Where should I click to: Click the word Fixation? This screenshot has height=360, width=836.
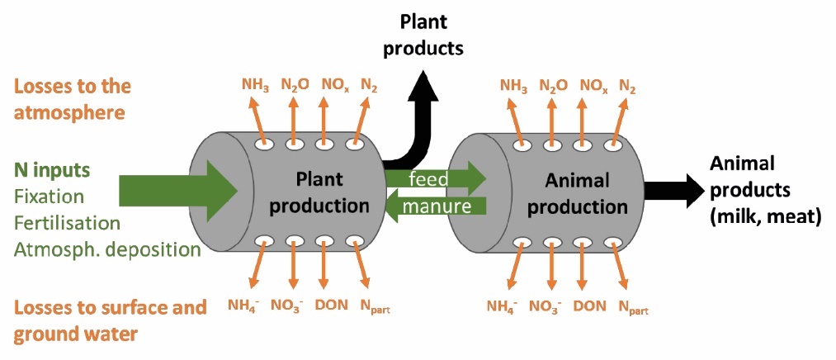pyautogui.click(x=49, y=197)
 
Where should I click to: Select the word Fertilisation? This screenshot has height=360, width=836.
pyautogui.click(x=67, y=223)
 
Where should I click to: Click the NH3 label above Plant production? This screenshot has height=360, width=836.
pyautogui.click(x=255, y=84)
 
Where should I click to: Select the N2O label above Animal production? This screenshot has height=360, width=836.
pyautogui.click(x=553, y=84)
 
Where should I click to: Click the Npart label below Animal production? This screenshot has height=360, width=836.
pyautogui.click(x=635, y=306)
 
